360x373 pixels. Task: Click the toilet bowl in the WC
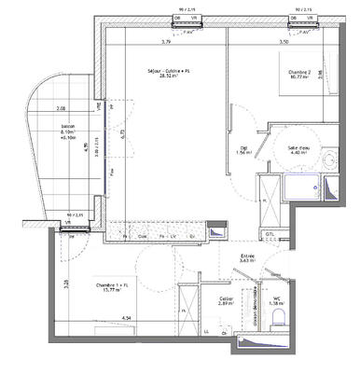tap(277, 322)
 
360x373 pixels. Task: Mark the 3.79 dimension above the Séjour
tap(166, 42)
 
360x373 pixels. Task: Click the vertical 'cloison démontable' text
tap(254, 303)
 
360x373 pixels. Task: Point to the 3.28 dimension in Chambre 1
tap(65, 284)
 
